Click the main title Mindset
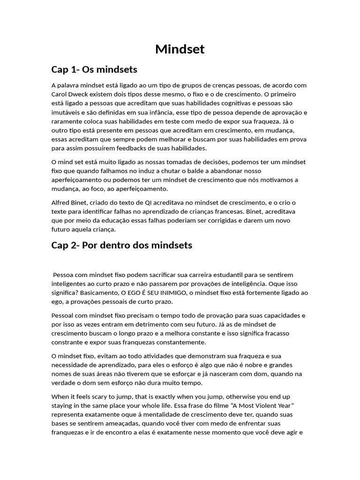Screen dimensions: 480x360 point(180,49)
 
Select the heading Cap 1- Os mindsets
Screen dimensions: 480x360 point(94,70)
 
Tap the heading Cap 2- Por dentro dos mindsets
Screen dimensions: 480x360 point(121,245)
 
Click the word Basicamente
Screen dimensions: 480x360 point(77,293)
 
